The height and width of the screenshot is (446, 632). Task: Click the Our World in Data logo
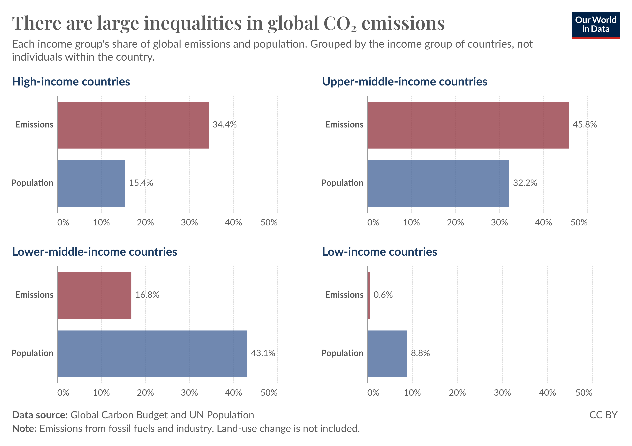pyautogui.click(x=595, y=25)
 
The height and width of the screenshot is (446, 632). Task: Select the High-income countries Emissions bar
pyautogui.click(x=133, y=125)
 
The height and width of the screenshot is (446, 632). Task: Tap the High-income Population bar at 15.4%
pyautogui.click(x=91, y=184)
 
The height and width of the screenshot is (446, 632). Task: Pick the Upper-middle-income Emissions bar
pyautogui.click(x=468, y=125)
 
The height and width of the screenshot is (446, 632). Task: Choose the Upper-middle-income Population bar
pyautogui.click(x=438, y=184)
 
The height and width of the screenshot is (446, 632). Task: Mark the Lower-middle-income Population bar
pyautogui.click(x=152, y=354)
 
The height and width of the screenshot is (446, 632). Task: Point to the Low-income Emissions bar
pyautogui.click(x=369, y=295)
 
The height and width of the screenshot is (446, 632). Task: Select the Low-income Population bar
pyautogui.click(x=387, y=354)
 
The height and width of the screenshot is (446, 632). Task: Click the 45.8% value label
pyautogui.click(x=584, y=125)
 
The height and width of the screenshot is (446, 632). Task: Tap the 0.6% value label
pyautogui.click(x=383, y=295)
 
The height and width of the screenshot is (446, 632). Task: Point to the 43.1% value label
pyautogui.click(x=263, y=353)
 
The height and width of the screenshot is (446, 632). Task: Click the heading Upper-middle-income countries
pyautogui.click(x=404, y=82)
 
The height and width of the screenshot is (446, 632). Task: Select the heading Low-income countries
pyautogui.click(x=379, y=252)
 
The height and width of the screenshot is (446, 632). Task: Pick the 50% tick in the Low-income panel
pyautogui.click(x=583, y=393)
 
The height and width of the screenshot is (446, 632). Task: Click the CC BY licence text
pyautogui.click(x=603, y=415)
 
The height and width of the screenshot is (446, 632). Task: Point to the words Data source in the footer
pyautogui.click(x=40, y=415)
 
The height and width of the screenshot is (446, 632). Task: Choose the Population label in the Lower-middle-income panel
pyautogui.click(x=32, y=353)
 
